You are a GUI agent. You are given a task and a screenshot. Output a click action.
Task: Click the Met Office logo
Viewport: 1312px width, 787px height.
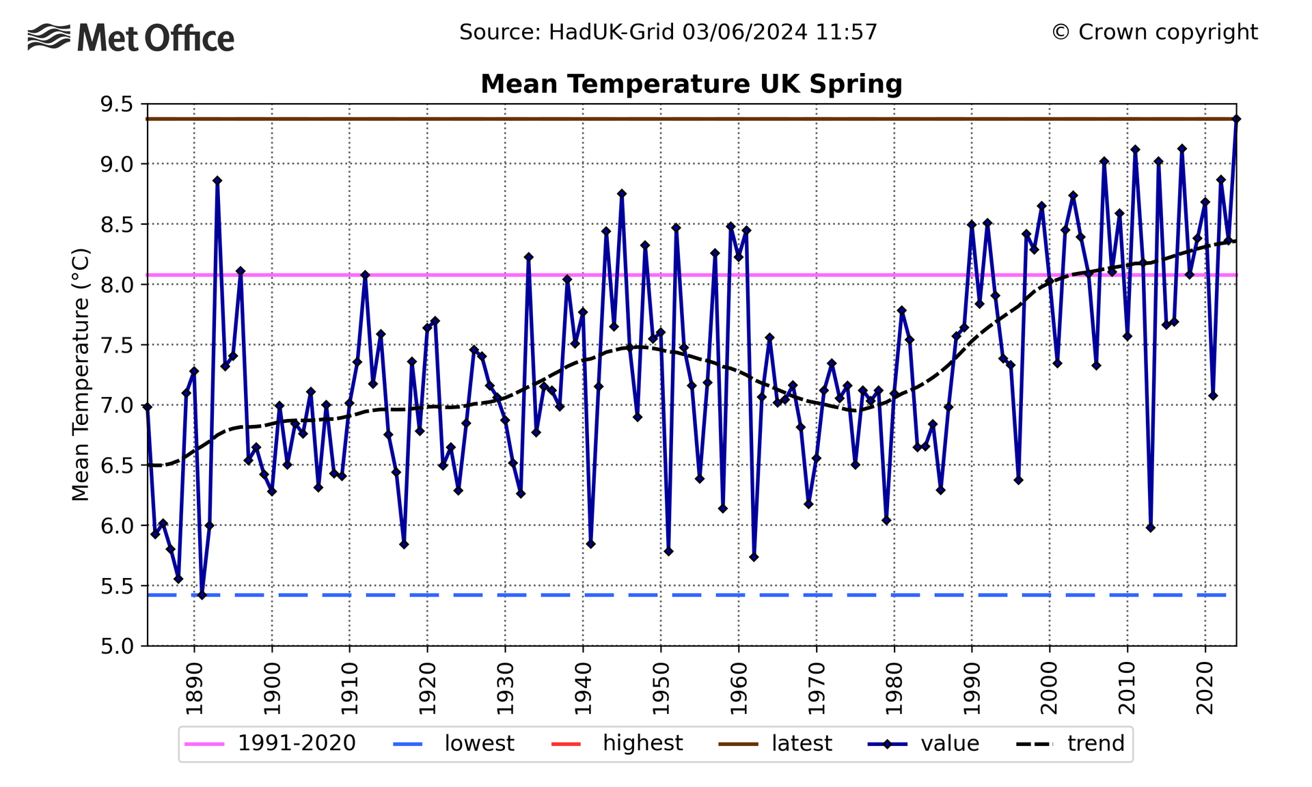131,38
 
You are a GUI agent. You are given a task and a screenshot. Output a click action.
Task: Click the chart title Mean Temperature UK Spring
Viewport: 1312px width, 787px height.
691,84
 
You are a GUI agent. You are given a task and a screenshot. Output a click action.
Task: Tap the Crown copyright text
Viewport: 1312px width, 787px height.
1154,32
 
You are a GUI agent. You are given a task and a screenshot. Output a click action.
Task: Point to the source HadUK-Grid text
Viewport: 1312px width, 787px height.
668,32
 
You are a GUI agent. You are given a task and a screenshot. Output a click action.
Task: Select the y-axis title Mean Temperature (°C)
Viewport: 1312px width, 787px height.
81,374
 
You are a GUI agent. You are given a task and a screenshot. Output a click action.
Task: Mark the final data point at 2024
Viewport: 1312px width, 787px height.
1236,119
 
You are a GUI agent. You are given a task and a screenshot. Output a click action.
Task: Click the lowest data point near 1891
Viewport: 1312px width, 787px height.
202,595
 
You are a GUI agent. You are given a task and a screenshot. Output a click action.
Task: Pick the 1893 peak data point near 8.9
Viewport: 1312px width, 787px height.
217,181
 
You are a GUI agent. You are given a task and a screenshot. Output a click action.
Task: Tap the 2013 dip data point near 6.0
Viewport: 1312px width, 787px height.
1151,527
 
